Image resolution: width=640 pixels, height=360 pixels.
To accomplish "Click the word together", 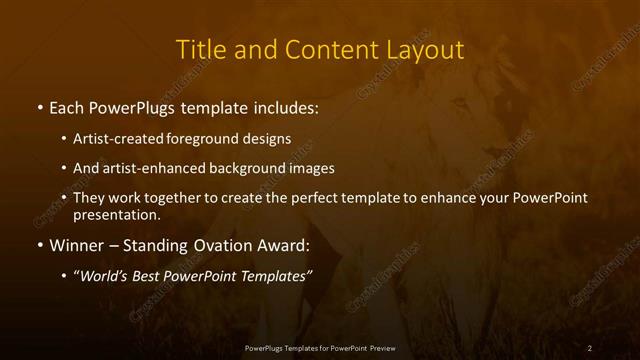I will pyautogui.click(x=171, y=198).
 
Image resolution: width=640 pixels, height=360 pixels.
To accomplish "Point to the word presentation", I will pyautogui.click(x=116, y=214).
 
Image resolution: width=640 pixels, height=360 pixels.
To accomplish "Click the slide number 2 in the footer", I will pyautogui.click(x=590, y=347).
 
